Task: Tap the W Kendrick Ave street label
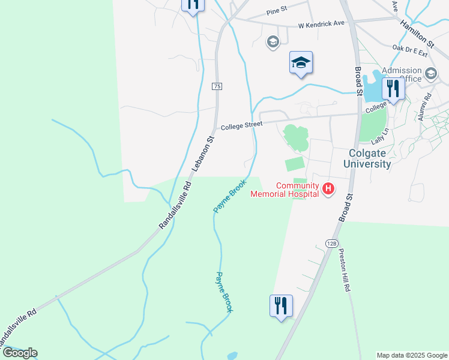(322, 24)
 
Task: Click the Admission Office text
(402, 74)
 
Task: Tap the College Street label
(242, 126)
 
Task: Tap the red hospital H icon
(328, 189)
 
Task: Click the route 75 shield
(217, 86)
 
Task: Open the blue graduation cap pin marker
(301, 62)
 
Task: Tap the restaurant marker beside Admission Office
(393, 89)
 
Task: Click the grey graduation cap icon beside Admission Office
(430, 74)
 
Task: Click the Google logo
(20, 353)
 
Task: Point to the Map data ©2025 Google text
(412, 355)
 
